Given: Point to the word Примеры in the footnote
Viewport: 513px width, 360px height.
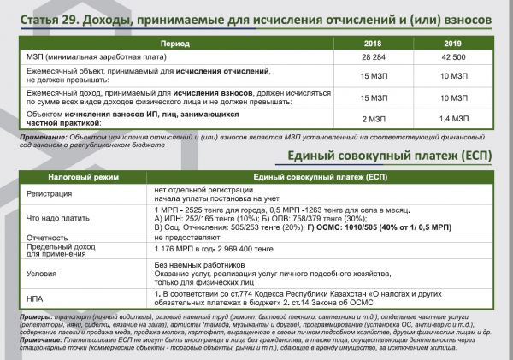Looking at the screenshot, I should tap(24, 317).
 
